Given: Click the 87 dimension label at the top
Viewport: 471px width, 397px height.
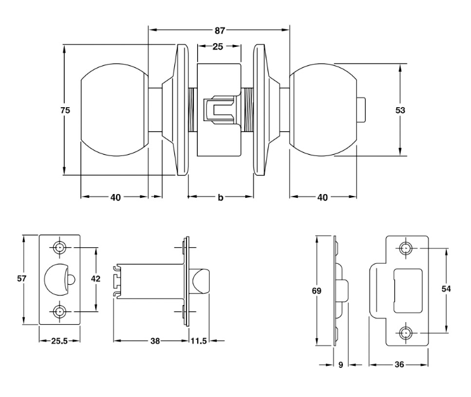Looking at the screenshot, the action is [219, 30].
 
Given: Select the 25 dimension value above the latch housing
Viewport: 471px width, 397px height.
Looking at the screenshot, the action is [218, 46].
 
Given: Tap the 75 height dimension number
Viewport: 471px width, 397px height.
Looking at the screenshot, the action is [65, 110].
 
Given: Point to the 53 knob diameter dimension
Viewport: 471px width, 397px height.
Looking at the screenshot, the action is [400, 110].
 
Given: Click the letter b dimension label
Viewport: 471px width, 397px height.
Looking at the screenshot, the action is [221, 197].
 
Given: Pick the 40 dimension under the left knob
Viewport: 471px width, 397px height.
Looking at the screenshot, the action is [115, 197].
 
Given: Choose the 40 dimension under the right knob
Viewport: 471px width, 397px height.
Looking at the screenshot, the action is [322, 197].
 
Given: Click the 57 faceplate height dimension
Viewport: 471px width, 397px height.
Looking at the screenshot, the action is [22, 278].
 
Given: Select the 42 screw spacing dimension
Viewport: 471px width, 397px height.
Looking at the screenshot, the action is [96, 278].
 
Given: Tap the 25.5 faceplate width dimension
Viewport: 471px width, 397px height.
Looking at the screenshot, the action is [59, 341].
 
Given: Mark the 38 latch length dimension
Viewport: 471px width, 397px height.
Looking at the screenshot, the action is [155, 341].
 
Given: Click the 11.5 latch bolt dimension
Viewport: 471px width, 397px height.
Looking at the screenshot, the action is [198, 341].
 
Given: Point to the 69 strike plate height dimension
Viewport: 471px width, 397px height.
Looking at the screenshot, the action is [316, 290].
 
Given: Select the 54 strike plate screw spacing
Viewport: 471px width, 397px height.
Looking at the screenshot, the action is [446, 289].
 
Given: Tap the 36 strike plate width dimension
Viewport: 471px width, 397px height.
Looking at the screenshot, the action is [399, 365].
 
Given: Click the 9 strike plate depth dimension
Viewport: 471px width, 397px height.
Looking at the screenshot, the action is [340, 365].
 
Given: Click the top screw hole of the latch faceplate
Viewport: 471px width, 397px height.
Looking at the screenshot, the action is [60, 247].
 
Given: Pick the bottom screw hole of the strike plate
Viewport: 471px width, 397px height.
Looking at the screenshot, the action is [406, 334].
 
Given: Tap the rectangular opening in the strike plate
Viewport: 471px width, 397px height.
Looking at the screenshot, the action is [408, 290].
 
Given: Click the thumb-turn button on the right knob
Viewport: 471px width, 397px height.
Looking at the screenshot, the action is [361, 110].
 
